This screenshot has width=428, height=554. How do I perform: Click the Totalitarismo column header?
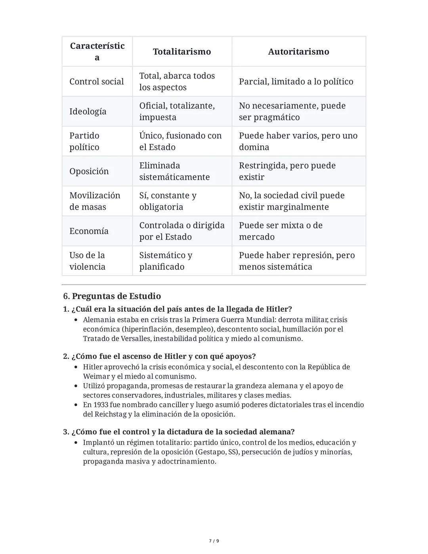click(x=182, y=52)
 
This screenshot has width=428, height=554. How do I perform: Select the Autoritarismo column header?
click(x=298, y=52)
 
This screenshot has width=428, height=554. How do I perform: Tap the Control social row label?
click(x=96, y=81)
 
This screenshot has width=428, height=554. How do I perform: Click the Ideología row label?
click(x=88, y=111)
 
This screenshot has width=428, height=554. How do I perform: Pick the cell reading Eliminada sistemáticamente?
click(x=174, y=171)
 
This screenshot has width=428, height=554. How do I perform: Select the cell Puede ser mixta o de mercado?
click(x=281, y=231)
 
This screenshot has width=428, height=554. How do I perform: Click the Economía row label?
click(x=89, y=231)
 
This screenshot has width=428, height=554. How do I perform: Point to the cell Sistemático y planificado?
click(x=166, y=261)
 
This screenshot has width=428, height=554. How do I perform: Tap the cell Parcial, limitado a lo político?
click(x=296, y=81)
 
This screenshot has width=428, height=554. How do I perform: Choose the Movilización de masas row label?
click(x=94, y=201)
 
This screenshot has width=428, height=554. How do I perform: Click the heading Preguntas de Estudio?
click(x=116, y=296)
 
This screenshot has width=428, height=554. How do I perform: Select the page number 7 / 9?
click(x=214, y=541)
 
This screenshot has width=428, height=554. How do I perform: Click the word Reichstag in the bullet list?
click(x=111, y=414)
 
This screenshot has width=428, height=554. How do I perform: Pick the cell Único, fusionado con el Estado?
click(x=180, y=141)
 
